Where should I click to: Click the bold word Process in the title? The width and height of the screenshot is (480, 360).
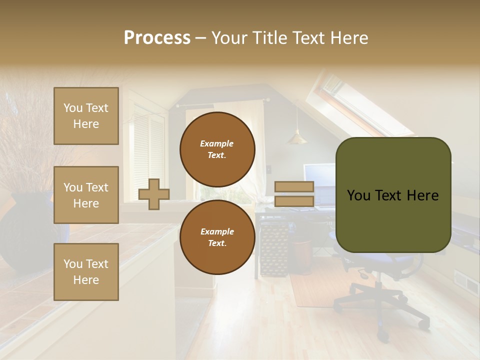[x=157, y=38]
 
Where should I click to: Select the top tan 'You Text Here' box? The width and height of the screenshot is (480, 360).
[x=86, y=116]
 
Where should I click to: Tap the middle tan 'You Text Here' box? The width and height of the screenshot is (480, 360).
[x=86, y=195]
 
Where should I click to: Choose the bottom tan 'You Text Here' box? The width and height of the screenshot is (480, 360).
[x=86, y=272]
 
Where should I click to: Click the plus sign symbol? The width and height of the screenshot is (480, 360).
[x=154, y=194]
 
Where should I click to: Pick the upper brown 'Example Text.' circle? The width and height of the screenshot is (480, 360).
[x=217, y=149]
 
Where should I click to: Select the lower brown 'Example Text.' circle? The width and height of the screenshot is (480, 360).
[x=217, y=237]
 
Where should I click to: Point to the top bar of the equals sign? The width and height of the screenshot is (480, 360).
[x=294, y=187]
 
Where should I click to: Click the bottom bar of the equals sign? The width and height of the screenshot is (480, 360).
[x=294, y=201]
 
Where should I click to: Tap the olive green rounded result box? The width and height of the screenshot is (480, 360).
[x=393, y=195]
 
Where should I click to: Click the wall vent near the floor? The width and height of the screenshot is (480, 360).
[x=465, y=282]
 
